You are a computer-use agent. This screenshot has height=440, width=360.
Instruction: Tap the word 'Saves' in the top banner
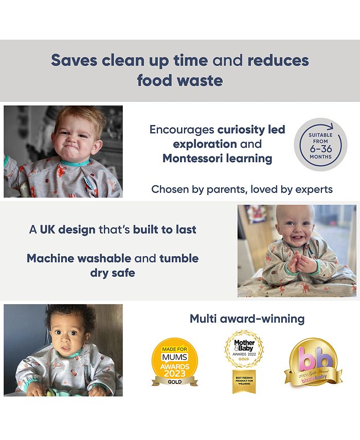pyautogui.click(x=74, y=60)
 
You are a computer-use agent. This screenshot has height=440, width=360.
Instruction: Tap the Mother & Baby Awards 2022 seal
pyautogui.click(x=244, y=349)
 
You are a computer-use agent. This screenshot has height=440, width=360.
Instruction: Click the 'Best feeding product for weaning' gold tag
pyautogui.click(x=244, y=381)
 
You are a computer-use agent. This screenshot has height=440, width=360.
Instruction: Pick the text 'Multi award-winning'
pyautogui.click(x=247, y=319)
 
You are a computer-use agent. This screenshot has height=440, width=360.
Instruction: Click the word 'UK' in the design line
pyautogui.click(x=47, y=230)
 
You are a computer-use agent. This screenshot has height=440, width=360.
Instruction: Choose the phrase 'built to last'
pyautogui.click(x=165, y=230)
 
